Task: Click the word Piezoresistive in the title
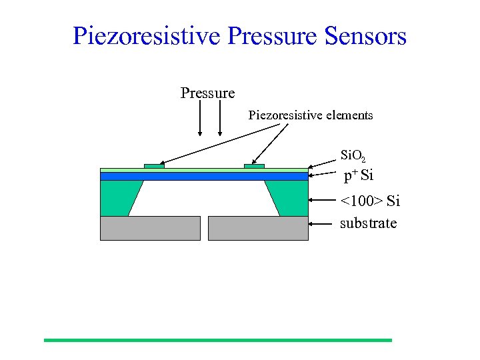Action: (x=146, y=36)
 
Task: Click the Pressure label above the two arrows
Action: (x=207, y=93)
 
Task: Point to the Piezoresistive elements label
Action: (x=311, y=115)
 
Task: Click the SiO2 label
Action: (x=353, y=157)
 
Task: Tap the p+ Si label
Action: (x=358, y=176)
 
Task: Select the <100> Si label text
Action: (x=370, y=201)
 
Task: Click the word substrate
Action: (x=368, y=223)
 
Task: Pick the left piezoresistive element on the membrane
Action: (x=154, y=165)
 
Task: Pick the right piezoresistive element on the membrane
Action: (x=254, y=165)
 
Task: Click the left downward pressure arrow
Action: (x=200, y=120)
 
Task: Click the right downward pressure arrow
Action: (x=220, y=120)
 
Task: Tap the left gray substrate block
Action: (x=150, y=228)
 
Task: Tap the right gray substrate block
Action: (x=258, y=228)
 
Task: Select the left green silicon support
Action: (x=119, y=198)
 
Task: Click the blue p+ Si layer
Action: (x=204, y=177)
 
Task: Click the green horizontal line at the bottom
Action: (x=218, y=340)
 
